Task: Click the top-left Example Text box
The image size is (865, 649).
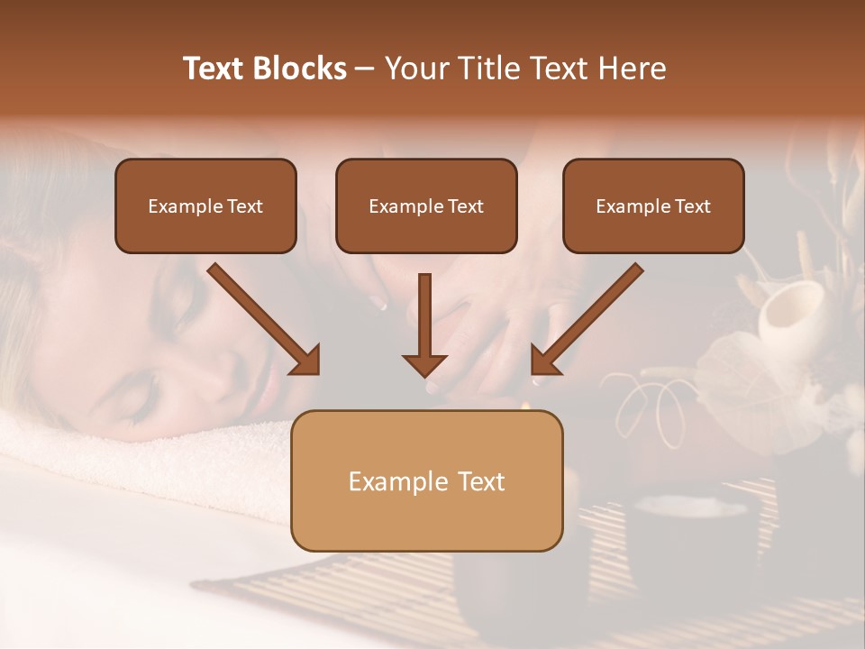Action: [205, 206]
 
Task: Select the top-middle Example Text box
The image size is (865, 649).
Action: [426, 206]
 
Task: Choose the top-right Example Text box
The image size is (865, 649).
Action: [653, 206]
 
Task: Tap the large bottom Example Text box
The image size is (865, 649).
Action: [427, 481]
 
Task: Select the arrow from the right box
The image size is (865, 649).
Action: [590, 315]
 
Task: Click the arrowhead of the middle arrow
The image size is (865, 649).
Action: [424, 364]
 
